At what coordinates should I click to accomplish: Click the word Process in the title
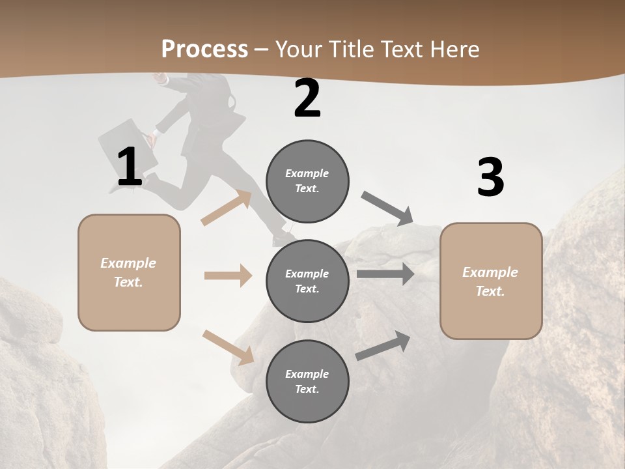pyautogui.click(x=204, y=49)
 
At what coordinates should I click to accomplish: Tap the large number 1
pyautogui.click(x=130, y=167)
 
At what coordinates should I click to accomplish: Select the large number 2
pyautogui.click(x=307, y=98)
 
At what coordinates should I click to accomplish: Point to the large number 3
pyautogui.click(x=490, y=177)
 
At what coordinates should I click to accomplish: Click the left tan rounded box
pyautogui.click(x=129, y=272)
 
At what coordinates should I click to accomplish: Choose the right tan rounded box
pyautogui.click(x=491, y=281)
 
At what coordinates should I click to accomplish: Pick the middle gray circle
pyautogui.click(x=307, y=281)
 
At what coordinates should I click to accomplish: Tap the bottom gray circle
pyautogui.click(x=307, y=381)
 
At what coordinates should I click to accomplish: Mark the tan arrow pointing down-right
pyautogui.click(x=229, y=347)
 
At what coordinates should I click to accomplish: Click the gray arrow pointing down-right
pyautogui.click(x=387, y=208)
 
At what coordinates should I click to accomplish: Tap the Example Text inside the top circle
pyautogui.click(x=307, y=181)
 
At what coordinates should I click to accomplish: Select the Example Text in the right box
pyautogui.click(x=490, y=281)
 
